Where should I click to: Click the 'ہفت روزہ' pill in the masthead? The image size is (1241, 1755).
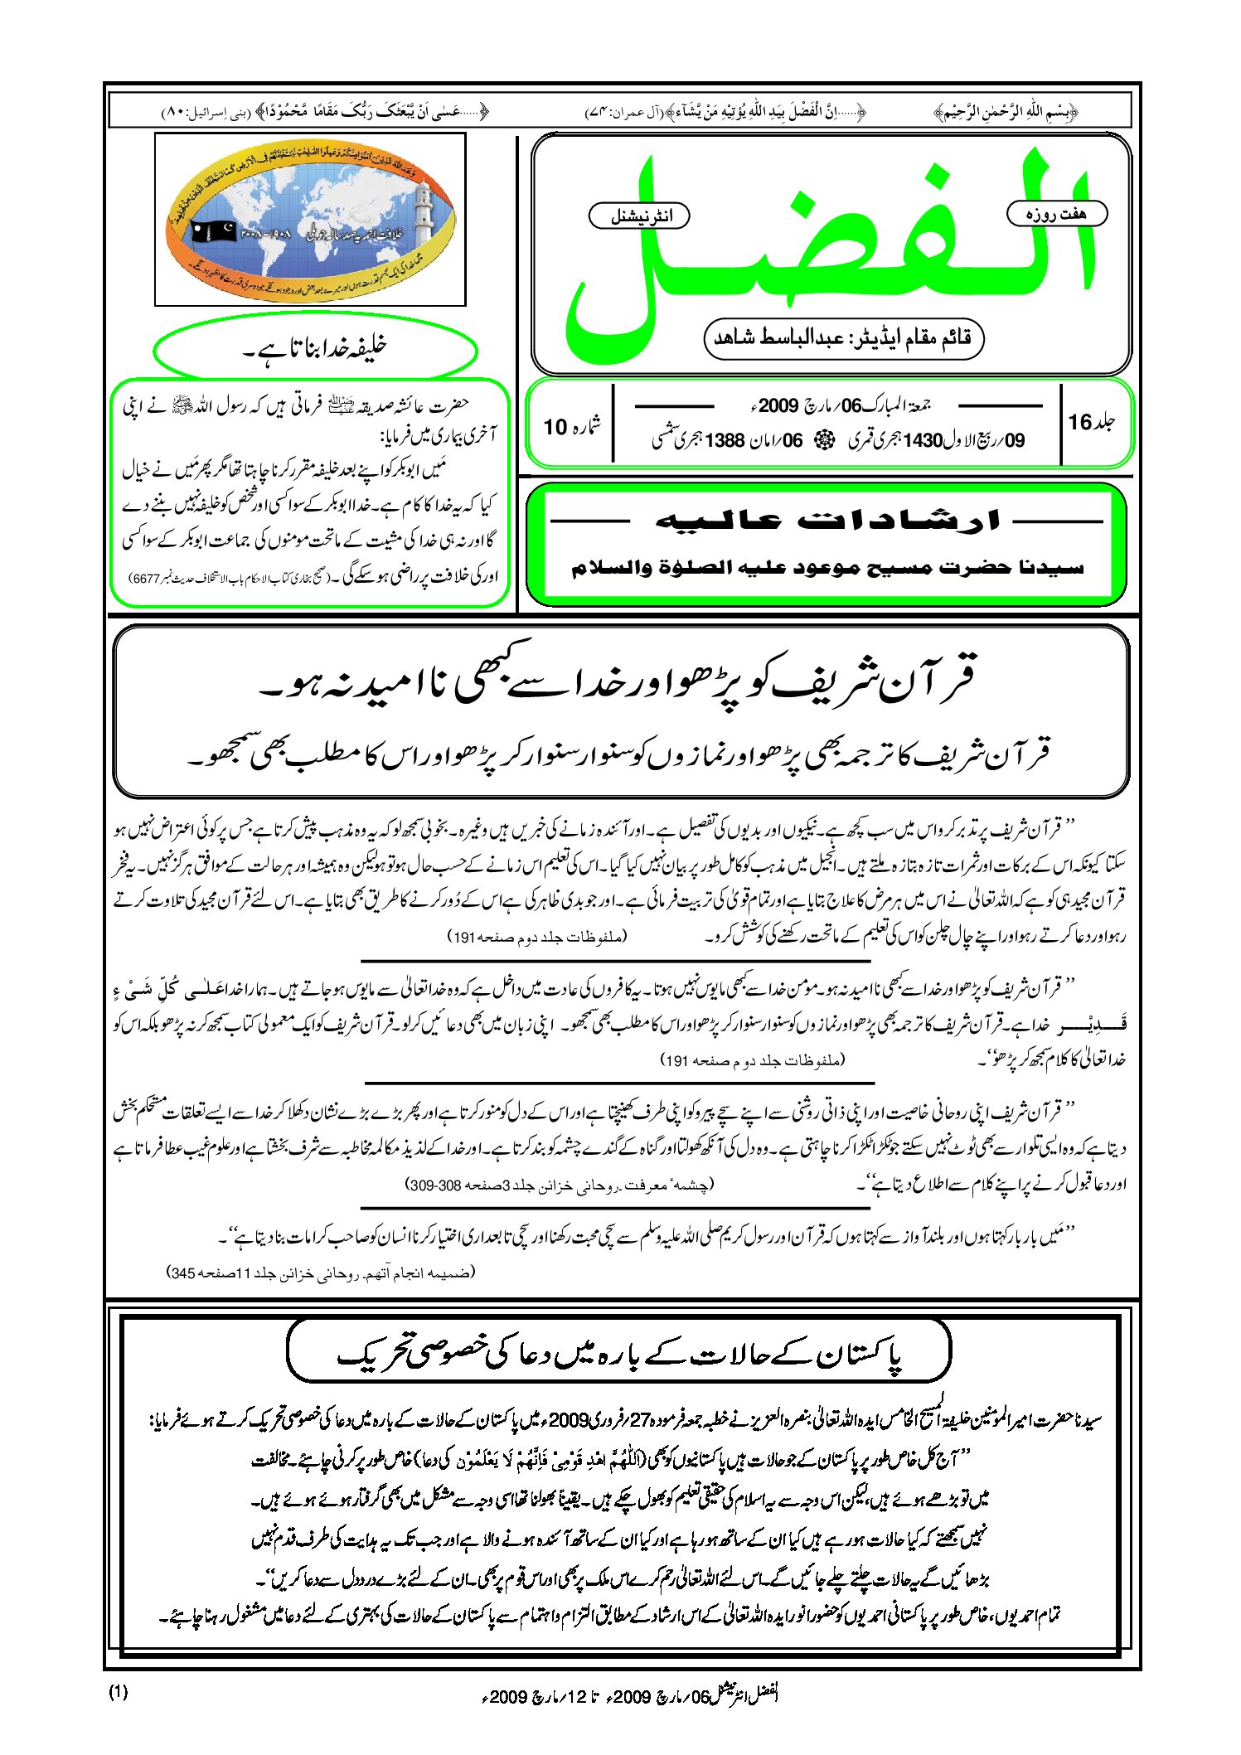pyautogui.click(x=1056, y=213)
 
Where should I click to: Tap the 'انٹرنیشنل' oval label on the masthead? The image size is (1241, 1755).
pyautogui.click(x=639, y=216)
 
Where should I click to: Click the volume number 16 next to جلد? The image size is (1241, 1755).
pyautogui.click(x=1079, y=422)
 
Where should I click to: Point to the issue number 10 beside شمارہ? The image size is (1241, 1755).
pyautogui.click(x=554, y=426)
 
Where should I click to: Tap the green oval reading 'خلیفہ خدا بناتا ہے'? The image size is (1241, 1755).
pyautogui.click(x=315, y=349)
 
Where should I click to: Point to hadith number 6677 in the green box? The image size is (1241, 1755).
pyautogui.click(x=145, y=579)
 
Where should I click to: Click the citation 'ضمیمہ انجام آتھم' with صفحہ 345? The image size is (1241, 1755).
pyautogui.click(x=322, y=1272)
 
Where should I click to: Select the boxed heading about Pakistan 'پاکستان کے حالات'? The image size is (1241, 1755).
pyautogui.click(x=618, y=1353)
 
